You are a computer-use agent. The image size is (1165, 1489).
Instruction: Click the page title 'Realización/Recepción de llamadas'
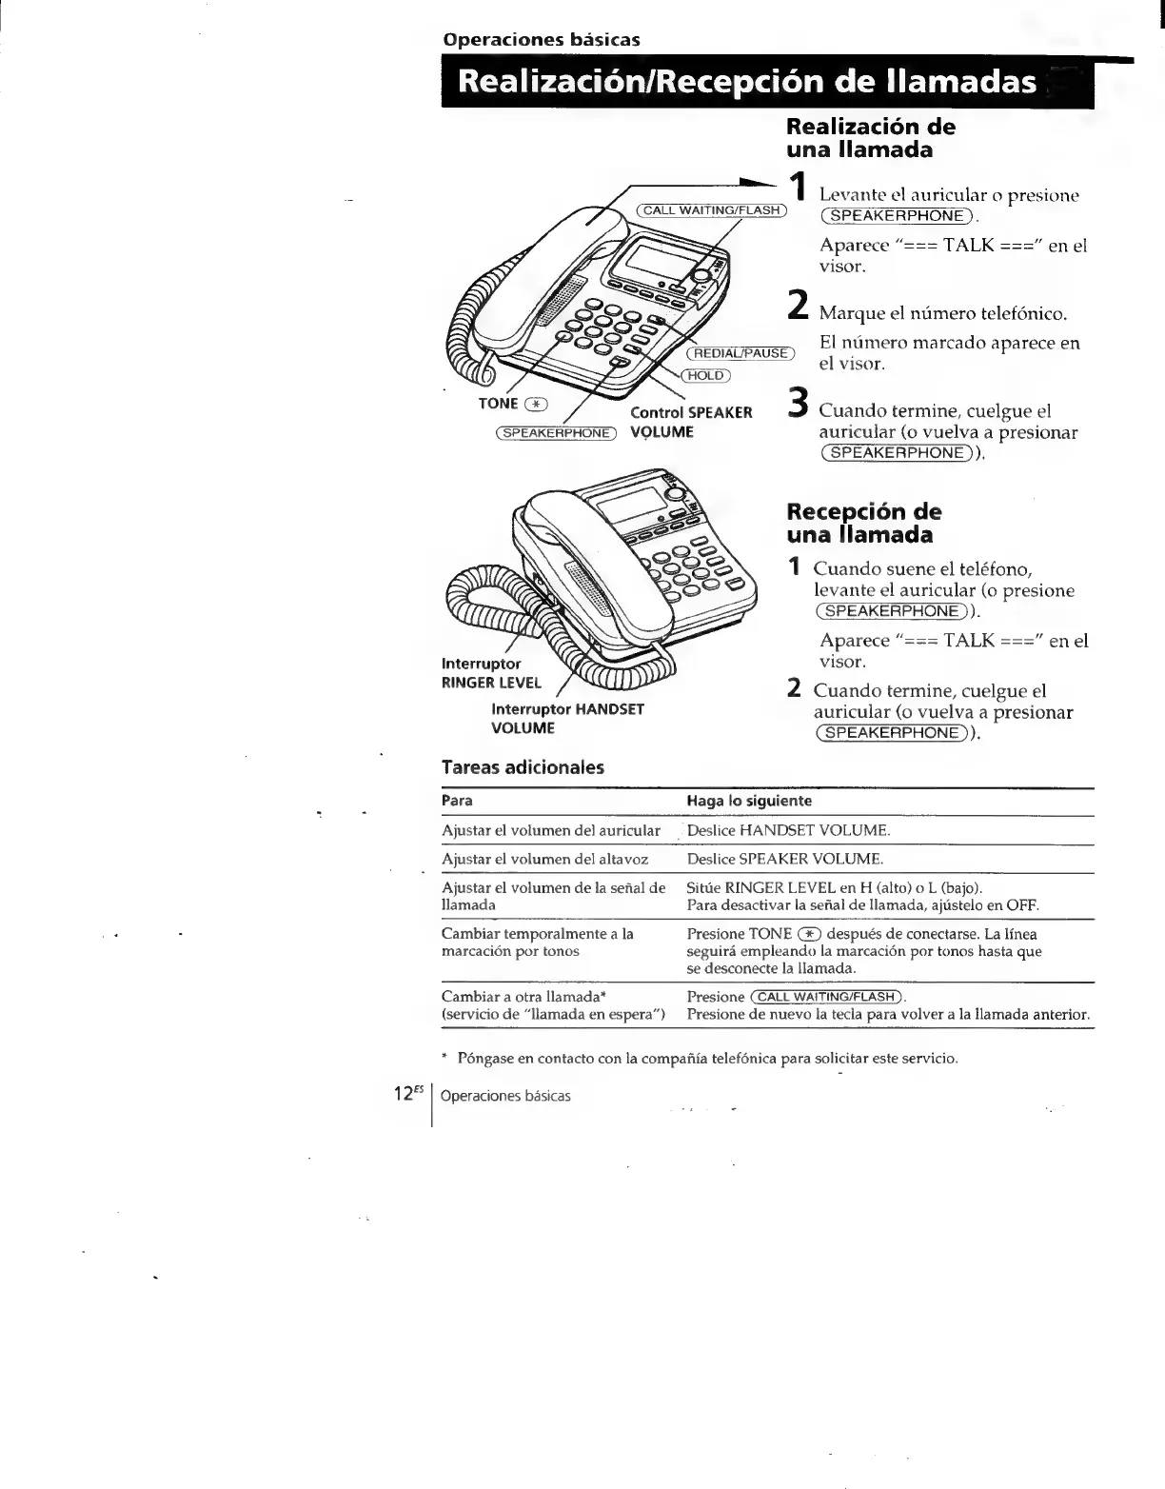pyautogui.click(x=747, y=83)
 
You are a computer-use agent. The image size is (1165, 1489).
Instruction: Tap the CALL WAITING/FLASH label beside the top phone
pyautogui.click(x=710, y=210)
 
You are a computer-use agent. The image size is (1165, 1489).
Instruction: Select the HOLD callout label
pyautogui.click(x=705, y=375)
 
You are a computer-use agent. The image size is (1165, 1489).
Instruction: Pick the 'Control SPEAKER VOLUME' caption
pyautogui.click(x=691, y=422)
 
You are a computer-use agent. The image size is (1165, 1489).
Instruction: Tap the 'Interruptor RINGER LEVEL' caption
pyautogui.click(x=491, y=673)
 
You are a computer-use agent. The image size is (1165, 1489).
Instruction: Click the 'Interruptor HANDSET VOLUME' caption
pyautogui.click(x=567, y=719)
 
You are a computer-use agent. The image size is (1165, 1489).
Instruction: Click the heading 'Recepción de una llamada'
pyautogui.click(x=863, y=524)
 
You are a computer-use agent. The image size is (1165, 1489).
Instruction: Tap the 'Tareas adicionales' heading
pyautogui.click(x=523, y=767)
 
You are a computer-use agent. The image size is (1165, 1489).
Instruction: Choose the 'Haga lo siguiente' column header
pyautogui.click(x=749, y=802)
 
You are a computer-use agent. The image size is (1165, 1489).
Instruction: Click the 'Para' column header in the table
pyautogui.click(x=457, y=802)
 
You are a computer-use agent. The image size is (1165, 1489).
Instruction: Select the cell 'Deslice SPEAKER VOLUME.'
pyautogui.click(x=785, y=859)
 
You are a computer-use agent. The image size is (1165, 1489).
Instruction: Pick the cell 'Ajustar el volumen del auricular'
pyautogui.click(x=550, y=830)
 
